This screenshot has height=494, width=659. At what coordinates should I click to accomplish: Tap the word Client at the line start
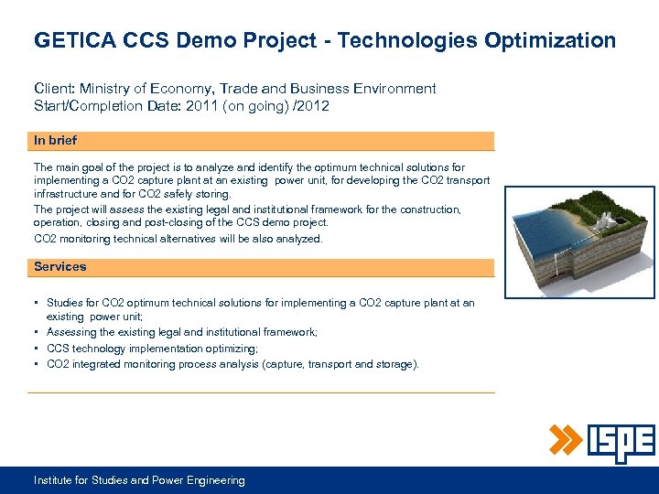[x=54, y=89]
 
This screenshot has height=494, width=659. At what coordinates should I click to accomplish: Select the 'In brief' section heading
[x=55, y=140]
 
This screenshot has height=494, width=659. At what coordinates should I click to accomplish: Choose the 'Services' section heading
[x=59, y=266]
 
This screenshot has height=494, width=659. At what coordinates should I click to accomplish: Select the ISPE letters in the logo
[x=620, y=443]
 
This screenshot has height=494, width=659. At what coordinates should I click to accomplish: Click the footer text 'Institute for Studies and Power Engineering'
[x=139, y=480]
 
